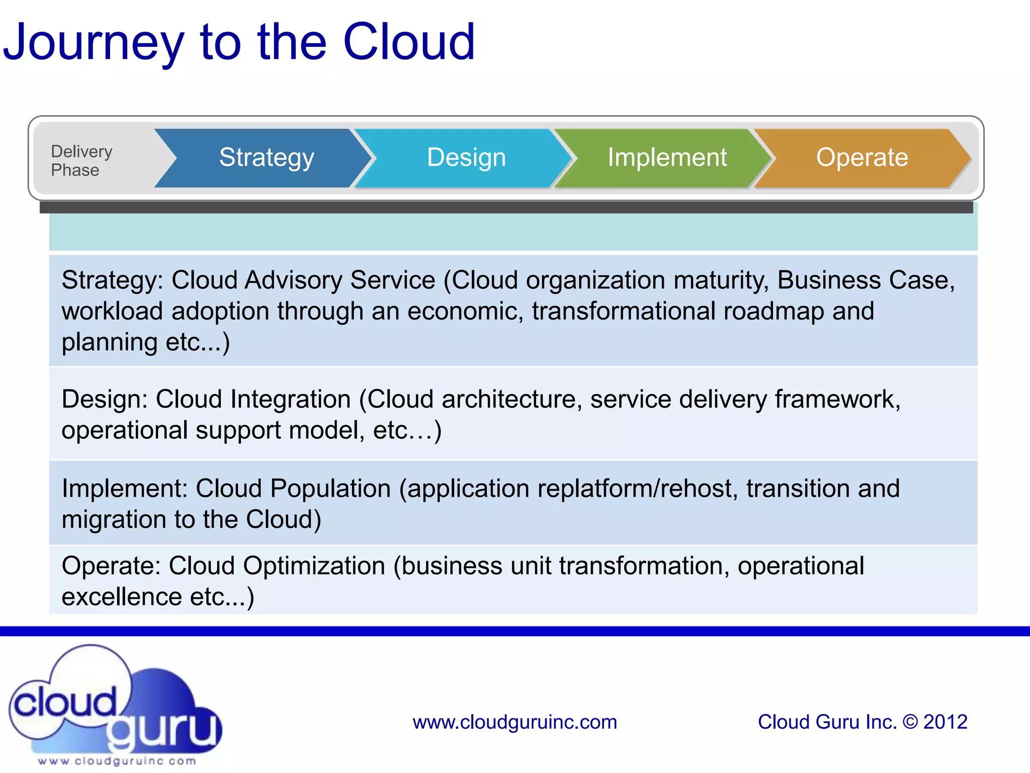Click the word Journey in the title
[94, 43]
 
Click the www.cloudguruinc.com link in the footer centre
[514, 722]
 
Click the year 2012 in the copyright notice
[945, 722]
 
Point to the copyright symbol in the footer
[910, 722]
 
